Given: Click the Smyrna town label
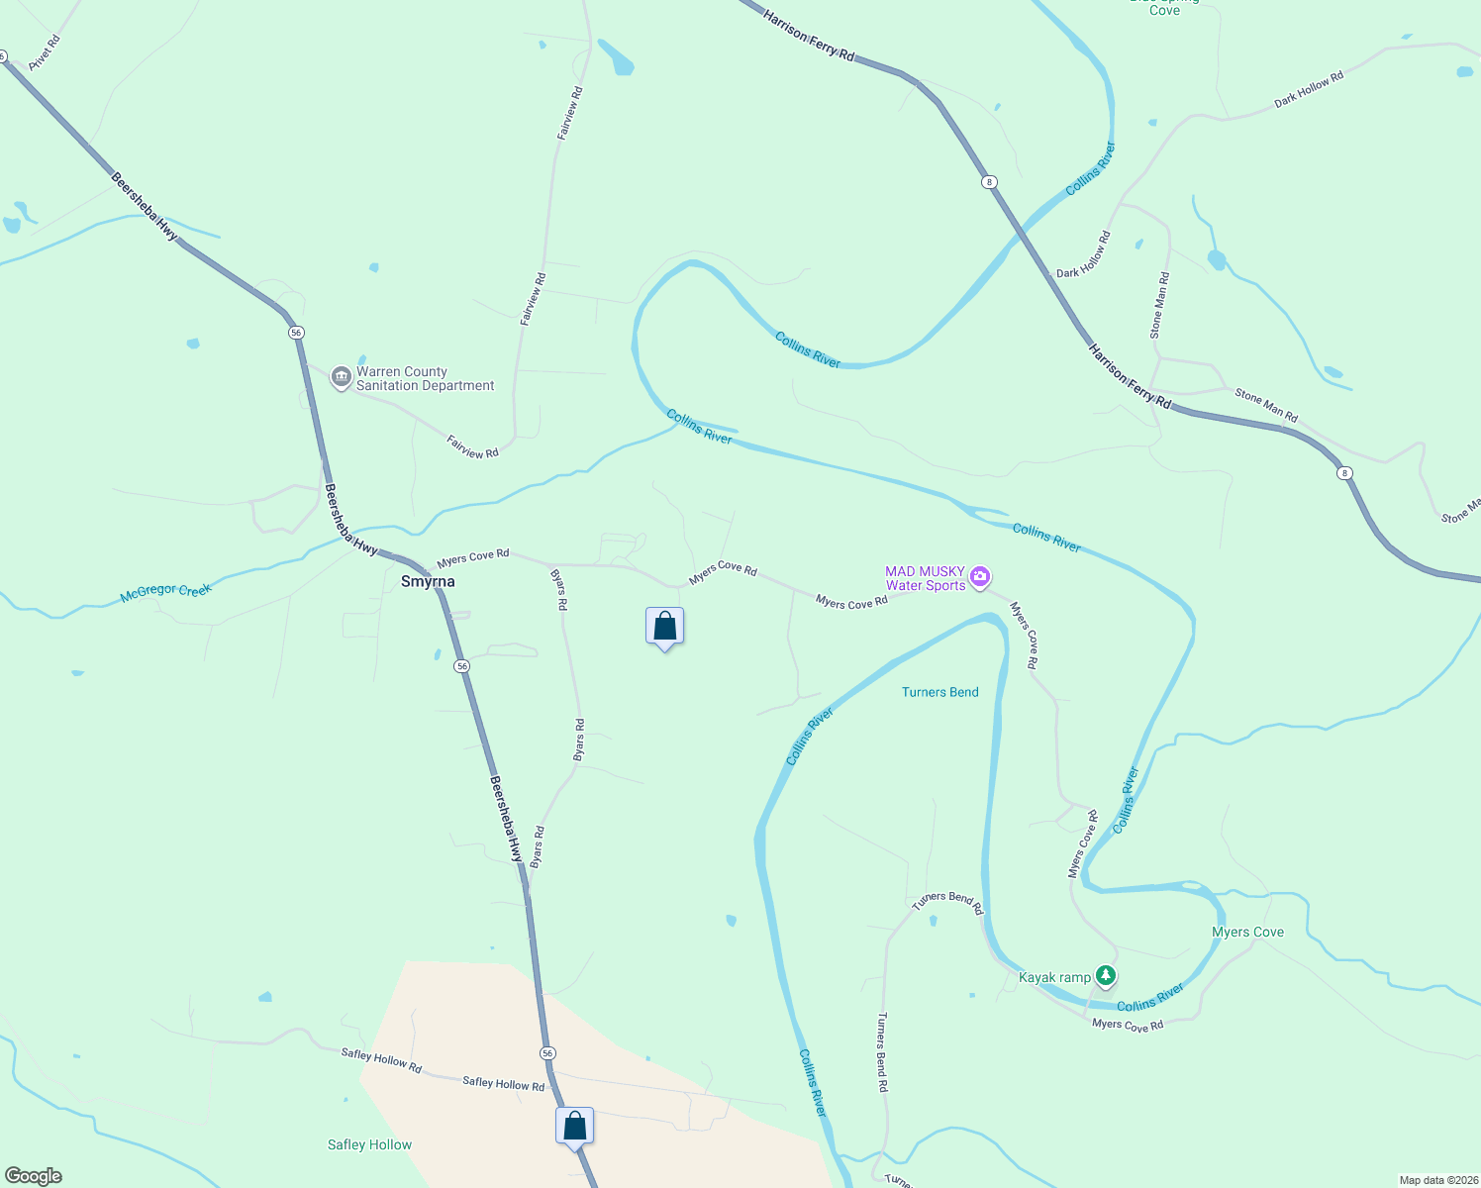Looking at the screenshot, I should pyautogui.click(x=428, y=581).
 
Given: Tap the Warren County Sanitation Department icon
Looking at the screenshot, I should pyautogui.click(x=342, y=377).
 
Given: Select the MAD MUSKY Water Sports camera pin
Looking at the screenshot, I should pyautogui.click(x=980, y=576).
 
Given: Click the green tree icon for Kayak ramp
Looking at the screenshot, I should pyautogui.click(x=1106, y=976).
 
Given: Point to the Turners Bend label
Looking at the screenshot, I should pyautogui.click(x=939, y=692).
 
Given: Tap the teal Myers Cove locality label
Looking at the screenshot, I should pyautogui.click(x=1247, y=932).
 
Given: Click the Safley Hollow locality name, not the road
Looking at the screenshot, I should pyautogui.click(x=369, y=1144).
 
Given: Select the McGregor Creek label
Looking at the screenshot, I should pyautogui.click(x=165, y=592).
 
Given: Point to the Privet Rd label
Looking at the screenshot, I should pyautogui.click(x=45, y=52).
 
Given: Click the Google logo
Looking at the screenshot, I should pyautogui.click(x=34, y=1176).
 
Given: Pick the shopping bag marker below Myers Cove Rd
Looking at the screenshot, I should pyautogui.click(x=664, y=627).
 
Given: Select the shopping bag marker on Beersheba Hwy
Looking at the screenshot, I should pyautogui.click(x=574, y=1127).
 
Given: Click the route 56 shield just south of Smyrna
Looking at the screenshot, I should pyautogui.click(x=462, y=666).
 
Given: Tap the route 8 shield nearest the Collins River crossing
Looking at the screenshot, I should pyautogui.click(x=989, y=182).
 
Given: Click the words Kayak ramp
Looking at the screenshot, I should pyautogui.click(x=1054, y=977).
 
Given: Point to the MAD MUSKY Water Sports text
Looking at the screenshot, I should pyautogui.click(x=925, y=578).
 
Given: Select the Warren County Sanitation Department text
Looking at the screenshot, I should pyautogui.click(x=425, y=378).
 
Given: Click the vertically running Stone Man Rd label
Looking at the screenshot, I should pyautogui.click(x=1159, y=305).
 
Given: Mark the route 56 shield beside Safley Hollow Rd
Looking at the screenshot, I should pyautogui.click(x=547, y=1052).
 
